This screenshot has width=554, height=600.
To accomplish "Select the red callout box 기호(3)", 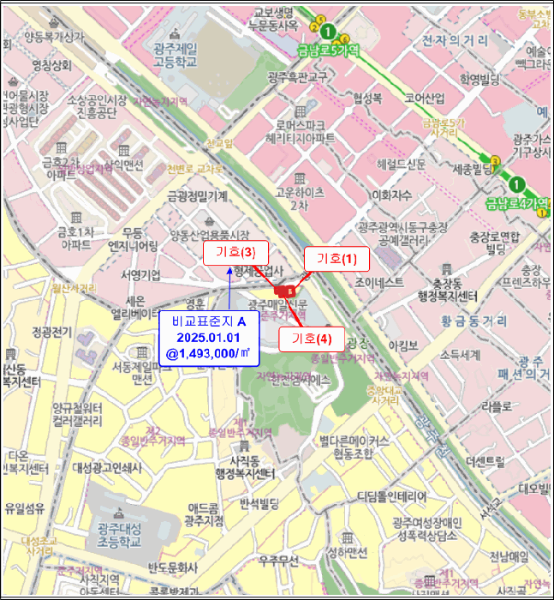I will pos(235,253).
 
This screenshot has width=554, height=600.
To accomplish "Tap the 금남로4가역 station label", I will pos(516,203).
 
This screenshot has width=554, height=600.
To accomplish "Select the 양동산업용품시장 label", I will pos(209,235).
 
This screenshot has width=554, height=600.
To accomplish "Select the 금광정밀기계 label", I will pos(198,196).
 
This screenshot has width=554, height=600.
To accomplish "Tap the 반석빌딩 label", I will pos(260,502).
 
